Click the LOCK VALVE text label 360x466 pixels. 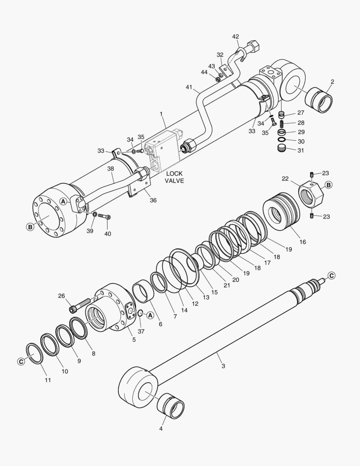coord(174,177)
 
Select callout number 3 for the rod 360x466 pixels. coord(223,366)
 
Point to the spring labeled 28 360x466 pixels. coord(282,123)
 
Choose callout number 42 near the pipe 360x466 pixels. coord(235,37)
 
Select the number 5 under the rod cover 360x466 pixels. coord(134,340)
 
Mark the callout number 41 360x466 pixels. coord(188,87)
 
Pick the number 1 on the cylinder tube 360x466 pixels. coord(161,114)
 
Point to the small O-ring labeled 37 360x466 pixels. coord(141,312)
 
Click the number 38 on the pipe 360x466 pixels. coord(110,169)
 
